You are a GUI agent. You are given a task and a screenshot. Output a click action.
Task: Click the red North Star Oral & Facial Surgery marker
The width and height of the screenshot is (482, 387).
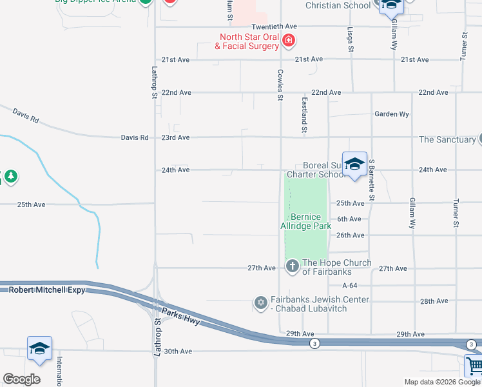[x=289, y=41]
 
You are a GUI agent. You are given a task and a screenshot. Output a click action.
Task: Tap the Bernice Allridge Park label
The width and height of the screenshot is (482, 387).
[x=306, y=221]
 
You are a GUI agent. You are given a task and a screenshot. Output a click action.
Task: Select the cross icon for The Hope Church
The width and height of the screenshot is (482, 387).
[x=292, y=266]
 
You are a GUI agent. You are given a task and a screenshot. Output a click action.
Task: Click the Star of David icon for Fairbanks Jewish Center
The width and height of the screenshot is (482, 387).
[x=260, y=303]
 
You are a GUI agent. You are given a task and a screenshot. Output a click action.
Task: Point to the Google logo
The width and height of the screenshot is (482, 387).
[x=21, y=379]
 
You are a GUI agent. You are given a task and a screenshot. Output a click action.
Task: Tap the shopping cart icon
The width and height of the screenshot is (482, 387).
[x=474, y=366]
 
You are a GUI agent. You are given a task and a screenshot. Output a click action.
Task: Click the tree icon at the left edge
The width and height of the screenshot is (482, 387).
[x=10, y=176]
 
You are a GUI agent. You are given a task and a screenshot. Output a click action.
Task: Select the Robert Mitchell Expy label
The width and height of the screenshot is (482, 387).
[x=39, y=290]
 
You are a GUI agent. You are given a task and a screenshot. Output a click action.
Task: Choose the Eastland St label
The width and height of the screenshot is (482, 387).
[x=304, y=115]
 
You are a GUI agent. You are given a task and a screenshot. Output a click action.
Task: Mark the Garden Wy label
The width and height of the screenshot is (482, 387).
[x=392, y=114]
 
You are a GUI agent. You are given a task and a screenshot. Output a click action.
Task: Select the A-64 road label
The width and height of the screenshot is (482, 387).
[x=350, y=285]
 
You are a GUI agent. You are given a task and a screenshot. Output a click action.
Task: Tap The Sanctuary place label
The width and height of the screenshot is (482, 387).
[x=447, y=139]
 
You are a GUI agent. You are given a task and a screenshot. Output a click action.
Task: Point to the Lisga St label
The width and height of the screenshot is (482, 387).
[x=351, y=40]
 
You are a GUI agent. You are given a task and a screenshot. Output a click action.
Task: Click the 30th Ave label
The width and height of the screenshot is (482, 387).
[x=178, y=352]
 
